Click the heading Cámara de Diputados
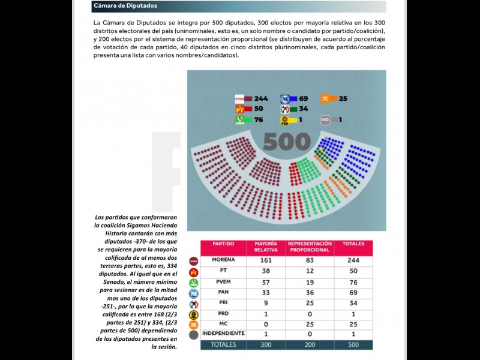click(x=125, y=6)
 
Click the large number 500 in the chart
click(x=287, y=142)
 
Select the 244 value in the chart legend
click(x=261, y=98)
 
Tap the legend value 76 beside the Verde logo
click(x=259, y=120)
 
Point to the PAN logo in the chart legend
click(x=286, y=98)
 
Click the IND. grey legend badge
click(x=326, y=119)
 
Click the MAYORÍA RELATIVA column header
click(x=265, y=247)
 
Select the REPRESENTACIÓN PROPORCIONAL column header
click(x=310, y=247)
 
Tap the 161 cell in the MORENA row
click(x=265, y=261)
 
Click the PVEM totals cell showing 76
click(x=353, y=283)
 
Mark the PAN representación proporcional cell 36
click(x=310, y=293)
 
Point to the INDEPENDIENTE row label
click(x=223, y=333)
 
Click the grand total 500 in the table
click(x=353, y=344)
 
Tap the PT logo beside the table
click(x=194, y=272)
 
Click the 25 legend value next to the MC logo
click(x=343, y=98)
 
